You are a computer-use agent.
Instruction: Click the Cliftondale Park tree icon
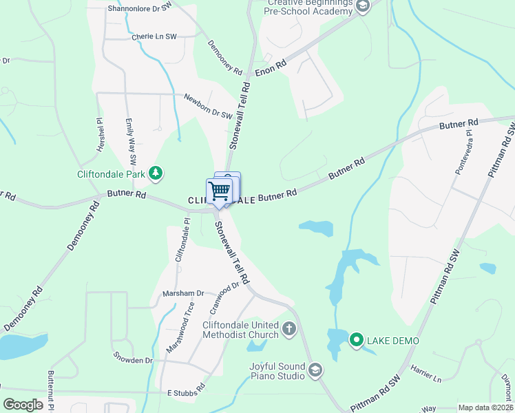[x=156, y=174]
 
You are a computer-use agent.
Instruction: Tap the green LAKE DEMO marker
[x=357, y=340]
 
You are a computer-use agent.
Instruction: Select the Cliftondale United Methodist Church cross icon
[x=289, y=329]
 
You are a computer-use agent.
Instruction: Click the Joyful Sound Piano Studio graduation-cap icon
[x=315, y=371]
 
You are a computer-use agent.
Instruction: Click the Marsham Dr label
[x=184, y=293]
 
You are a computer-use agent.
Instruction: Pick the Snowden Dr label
[x=134, y=360]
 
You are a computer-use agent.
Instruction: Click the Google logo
[x=23, y=405]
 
